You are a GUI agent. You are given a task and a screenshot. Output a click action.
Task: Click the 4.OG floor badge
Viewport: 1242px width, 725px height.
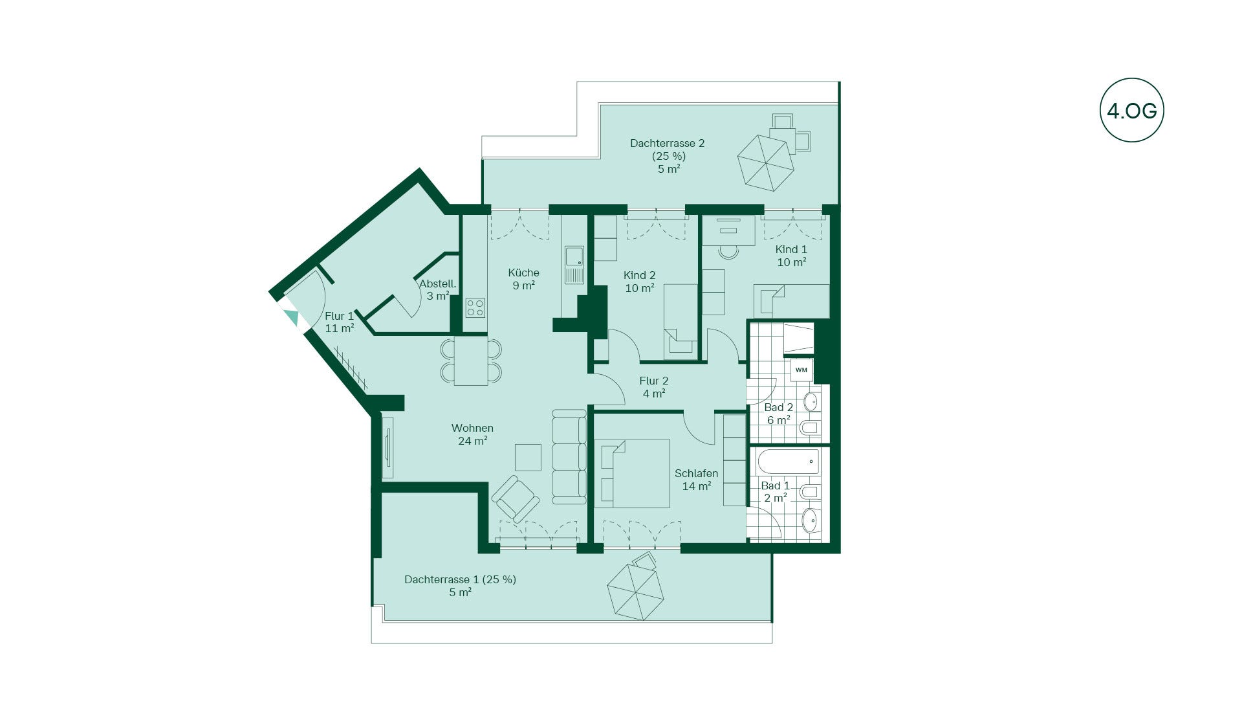tap(1131, 111)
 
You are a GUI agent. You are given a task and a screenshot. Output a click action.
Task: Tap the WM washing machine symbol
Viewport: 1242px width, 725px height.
tap(801, 370)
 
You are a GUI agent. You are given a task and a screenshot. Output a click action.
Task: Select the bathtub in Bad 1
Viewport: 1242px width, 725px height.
tap(788, 462)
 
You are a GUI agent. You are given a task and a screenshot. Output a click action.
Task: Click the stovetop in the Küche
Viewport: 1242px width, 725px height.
tap(475, 307)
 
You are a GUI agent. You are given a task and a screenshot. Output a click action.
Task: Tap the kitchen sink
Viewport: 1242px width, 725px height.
tap(574, 265)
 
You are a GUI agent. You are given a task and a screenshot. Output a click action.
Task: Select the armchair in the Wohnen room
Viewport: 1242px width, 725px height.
tap(515, 498)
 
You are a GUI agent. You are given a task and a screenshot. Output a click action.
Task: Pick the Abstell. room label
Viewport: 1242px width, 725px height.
tap(437, 284)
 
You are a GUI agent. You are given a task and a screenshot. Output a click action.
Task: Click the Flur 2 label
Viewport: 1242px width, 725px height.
tap(654, 381)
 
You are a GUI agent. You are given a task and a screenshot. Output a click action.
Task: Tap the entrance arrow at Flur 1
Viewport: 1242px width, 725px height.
tap(292, 317)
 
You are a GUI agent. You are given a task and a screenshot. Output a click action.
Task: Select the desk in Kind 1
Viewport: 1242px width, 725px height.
tap(729, 230)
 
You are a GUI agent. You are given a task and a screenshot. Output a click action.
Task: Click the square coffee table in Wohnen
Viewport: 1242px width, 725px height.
tap(528, 457)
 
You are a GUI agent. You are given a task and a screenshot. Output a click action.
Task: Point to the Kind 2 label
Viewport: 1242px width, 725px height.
tap(640, 275)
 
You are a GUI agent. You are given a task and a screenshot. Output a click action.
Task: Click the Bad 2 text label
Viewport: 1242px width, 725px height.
tap(778, 407)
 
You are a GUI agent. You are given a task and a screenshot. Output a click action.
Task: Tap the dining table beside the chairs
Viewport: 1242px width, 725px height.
tap(471, 361)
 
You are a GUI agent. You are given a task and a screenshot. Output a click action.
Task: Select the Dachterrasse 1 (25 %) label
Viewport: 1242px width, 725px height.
tap(460, 579)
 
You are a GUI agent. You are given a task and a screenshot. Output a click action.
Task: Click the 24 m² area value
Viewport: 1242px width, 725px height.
tap(472, 441)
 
